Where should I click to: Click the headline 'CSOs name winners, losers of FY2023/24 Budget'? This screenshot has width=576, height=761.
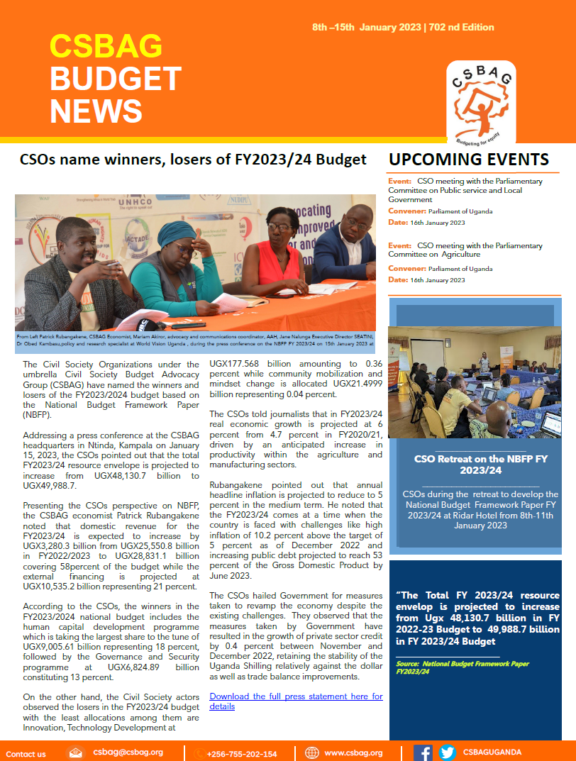click(x=193, y=159)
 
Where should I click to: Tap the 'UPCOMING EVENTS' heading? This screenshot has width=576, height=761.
click(x=469, y=160)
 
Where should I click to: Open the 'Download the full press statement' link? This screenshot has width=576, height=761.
click(x=296, y=701)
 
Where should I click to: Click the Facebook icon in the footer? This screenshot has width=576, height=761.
click(x=423, y=752)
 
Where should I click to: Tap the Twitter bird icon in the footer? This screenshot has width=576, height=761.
click(x=447, y=752)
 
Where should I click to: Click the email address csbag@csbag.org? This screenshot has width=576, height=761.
click(x=128, y=752)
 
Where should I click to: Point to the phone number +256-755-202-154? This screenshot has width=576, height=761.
click(x=241, y=753)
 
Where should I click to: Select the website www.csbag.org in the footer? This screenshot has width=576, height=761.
click(x=353, y=752)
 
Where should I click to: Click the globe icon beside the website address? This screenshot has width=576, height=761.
click(x=311, y=752)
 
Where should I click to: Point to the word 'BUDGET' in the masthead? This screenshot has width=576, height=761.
click(x=115, y=78)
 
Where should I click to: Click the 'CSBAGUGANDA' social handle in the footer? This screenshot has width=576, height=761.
click(x=492, y=752)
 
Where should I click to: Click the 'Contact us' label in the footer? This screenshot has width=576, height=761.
click(x=26, y=753)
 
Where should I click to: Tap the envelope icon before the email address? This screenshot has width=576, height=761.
click(x=76, y=752)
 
